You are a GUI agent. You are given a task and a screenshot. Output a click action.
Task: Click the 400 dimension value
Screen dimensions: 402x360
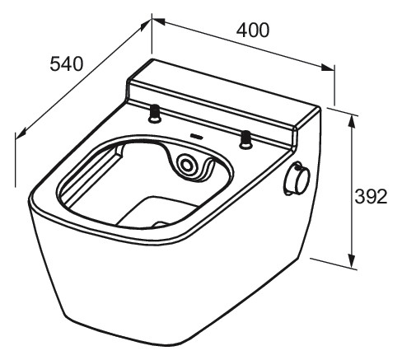point(253,30)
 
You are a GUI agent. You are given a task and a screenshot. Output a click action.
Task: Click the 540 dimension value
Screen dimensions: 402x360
point(66,63)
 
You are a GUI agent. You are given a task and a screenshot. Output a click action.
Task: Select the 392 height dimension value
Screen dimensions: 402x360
point(371,197)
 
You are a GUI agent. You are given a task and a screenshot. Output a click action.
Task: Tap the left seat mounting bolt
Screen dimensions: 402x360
point(155,114)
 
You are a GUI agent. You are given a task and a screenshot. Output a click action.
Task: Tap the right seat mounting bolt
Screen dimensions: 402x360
point(245,139)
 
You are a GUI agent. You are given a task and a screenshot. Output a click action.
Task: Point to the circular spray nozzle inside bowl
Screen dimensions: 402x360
point(187,166)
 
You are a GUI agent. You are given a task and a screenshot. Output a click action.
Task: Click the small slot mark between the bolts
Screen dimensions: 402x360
point(195,135)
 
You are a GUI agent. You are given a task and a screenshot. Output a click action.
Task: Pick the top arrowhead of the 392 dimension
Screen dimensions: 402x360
point(351,121)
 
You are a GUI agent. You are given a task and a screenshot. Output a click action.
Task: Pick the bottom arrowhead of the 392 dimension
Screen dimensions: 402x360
point(352,260)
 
